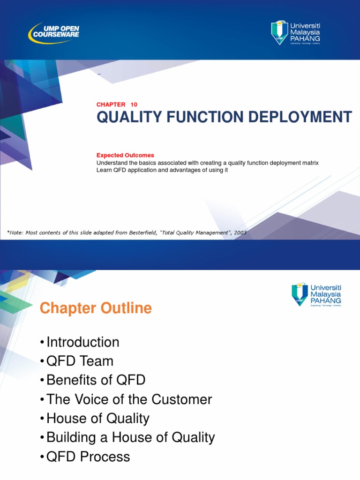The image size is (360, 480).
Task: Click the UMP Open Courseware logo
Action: pyautogui.click(x=54, y=32)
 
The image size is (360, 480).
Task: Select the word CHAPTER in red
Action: pyautogui.click(x=111, y=105)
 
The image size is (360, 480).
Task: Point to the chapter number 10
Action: pyautogui.click(x=134, y=105)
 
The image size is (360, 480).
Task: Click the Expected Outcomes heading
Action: pyautogui.click(x=125, y=155)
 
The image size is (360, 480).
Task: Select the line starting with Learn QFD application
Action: pyautogui.click(x=162, y=170)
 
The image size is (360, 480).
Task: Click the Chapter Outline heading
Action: pyautogui.click(x=96, y=308)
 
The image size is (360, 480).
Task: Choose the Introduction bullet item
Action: pyautogui.click(x=82, y=342)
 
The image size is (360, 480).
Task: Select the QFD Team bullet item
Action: pyautogui.click(x=80, y=361)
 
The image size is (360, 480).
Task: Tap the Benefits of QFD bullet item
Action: pyautogui.click(x=96, y=380)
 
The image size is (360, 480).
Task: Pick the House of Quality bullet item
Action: pyautogui.click(x=97, y=419)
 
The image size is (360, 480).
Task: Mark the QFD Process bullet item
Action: pyautogui.click(x=88, y=457)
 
